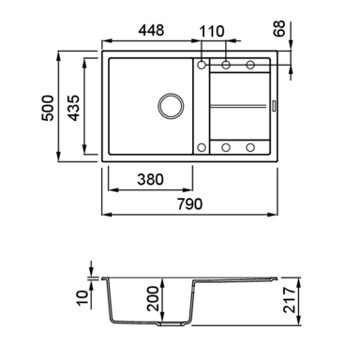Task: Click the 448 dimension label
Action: (x=151, y=30)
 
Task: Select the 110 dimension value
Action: (x=212, y=32)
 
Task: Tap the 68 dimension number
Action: (x=279, y=28)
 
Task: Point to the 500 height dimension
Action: (x=48, y=108)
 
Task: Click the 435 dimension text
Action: (x=74, y=108)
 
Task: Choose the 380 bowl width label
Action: (x=150, y=180)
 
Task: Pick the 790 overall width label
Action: (x=190, y=204)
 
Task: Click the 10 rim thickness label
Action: (x=82, y=298)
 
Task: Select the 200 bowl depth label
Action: (x=153, y=298)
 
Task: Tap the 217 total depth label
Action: (x=290, y=300)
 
